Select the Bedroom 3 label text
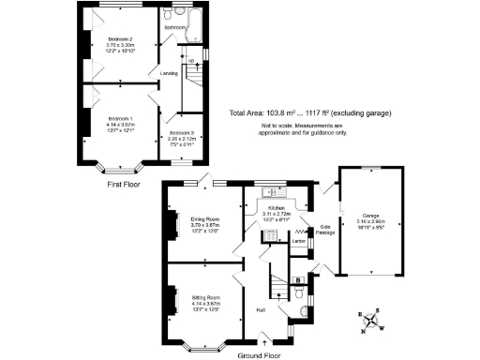pos(177,135)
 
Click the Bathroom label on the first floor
pos(175,28)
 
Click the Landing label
pos(169,72)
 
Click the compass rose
pos(374,321)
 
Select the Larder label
pos(299,242)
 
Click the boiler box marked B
pos(298,278)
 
